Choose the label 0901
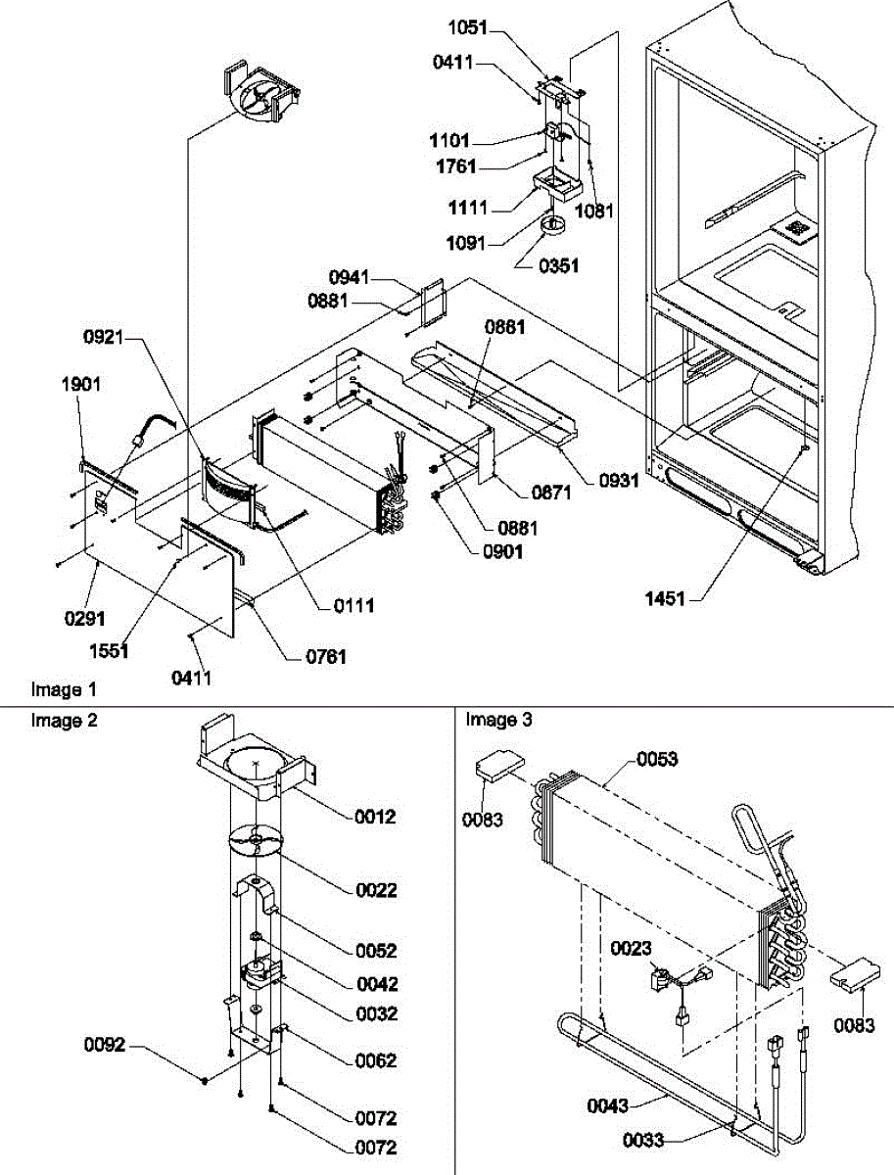point(501,551)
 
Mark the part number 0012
point(375,817)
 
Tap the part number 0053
point(658,759)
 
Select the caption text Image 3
point(499,721)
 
